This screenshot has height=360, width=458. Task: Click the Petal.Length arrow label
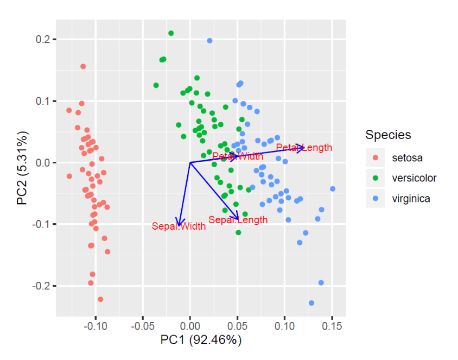[x=304, y=148]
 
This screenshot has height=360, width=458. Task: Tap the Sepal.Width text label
[x=179, y=226]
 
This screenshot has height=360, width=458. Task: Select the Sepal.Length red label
[x=238, y=220]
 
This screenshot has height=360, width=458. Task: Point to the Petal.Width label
[x=238, y=156]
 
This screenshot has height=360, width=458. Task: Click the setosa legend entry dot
[x=375, y=158]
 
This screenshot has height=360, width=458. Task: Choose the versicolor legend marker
[x=375, y=178]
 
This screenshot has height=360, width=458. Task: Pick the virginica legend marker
[x=375, y=198]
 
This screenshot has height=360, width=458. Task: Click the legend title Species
[x=388, y=135]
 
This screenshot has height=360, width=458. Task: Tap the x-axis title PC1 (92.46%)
[x=201, y=340]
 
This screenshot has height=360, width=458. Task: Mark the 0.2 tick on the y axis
[x=44, y=40]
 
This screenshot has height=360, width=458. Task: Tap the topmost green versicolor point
[x=171, y=33]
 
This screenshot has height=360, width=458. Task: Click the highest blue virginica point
[x=209, y=41]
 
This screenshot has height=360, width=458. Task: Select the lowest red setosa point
[x=100, y=299]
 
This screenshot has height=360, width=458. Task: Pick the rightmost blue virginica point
[x=333, y=189]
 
